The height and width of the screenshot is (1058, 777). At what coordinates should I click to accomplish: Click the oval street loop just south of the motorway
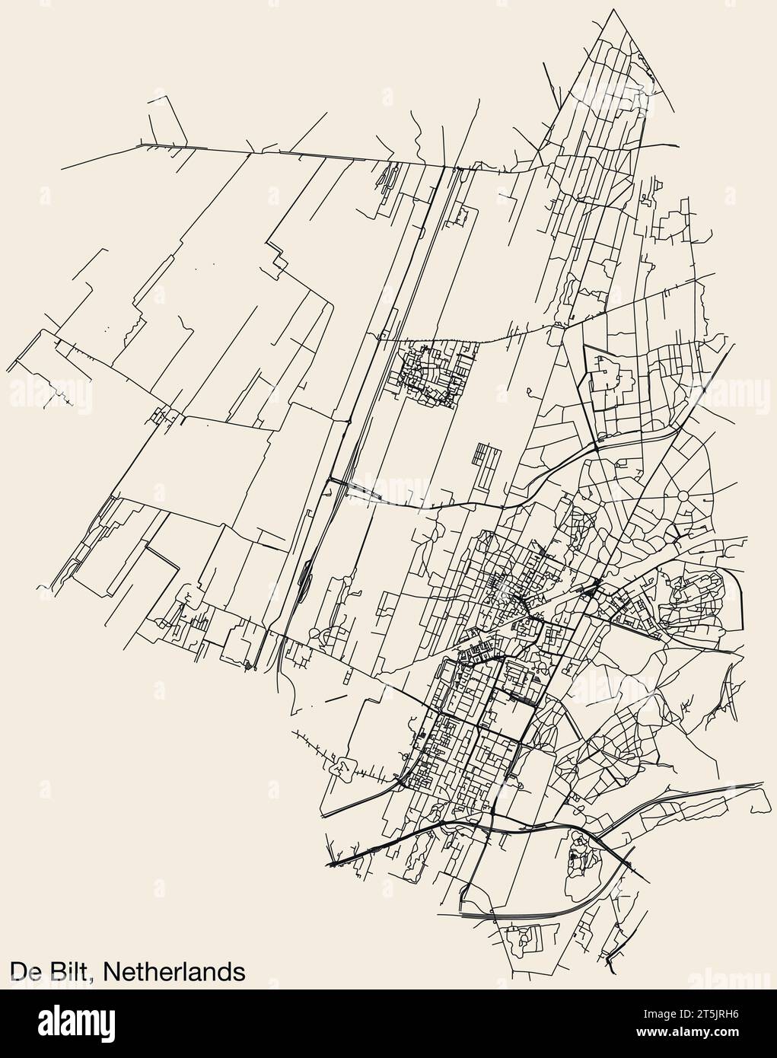581,860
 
